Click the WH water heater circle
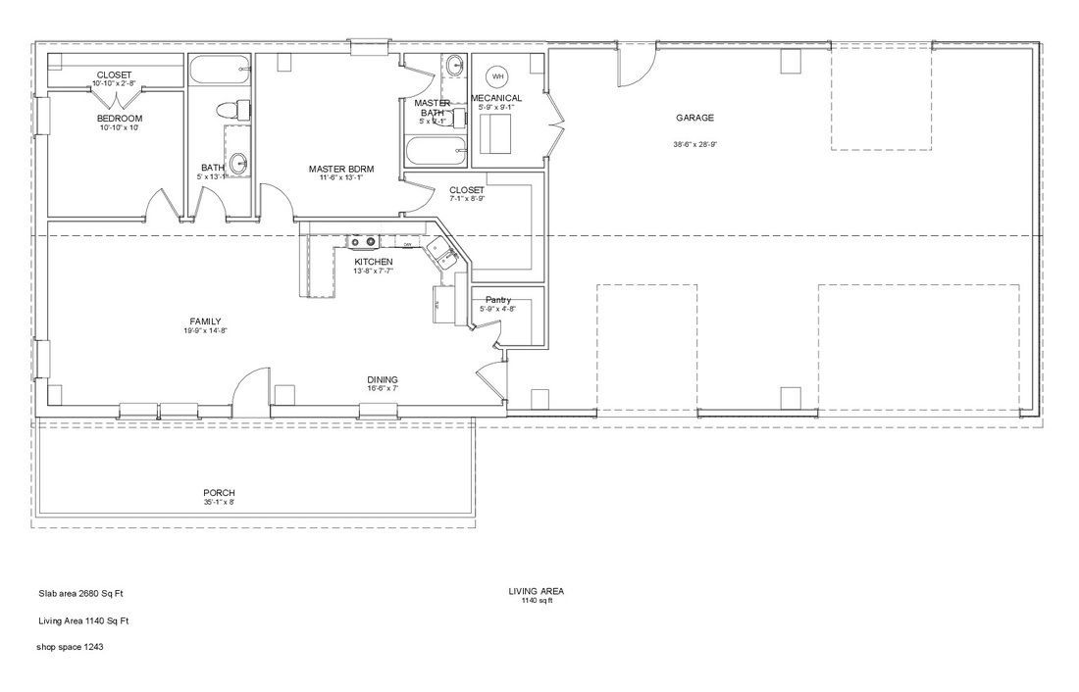[496, 76]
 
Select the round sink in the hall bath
[238, 163]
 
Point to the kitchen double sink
[445, 257]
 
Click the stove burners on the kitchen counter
[364, 242]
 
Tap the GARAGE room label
[694, 118]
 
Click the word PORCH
[219, 493]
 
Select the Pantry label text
[497, 300]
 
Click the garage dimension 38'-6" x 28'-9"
[694, 143]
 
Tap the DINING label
[383, 379]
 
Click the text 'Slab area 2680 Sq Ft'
[80, 593]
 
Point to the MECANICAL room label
[496, 98]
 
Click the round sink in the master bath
[455, 67]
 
